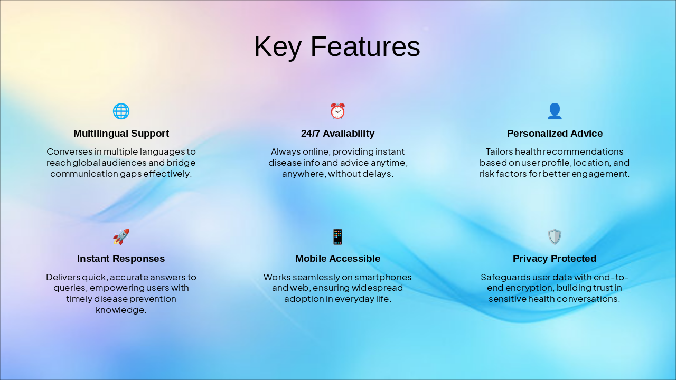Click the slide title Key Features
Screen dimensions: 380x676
coord(337,46)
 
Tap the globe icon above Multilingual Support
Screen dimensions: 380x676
coord(121,111)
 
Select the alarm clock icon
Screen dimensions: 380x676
coord(337,111)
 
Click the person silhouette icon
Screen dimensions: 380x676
coord(555,111)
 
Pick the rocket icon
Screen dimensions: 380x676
coord(121,236)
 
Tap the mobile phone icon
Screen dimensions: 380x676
coord(337,236)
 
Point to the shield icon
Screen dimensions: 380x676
coord(555,236)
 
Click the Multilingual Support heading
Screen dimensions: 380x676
coord(121,134)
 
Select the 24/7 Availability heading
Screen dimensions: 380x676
coord(337,134)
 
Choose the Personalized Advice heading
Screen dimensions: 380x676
coord(555,134)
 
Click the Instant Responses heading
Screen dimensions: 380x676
coord(121,259)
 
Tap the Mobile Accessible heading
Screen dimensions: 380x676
coord(337,259)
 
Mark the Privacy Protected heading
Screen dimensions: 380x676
coord(555,259)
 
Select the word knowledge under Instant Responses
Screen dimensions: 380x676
coord(121,310)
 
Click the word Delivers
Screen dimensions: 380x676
coord(63,277)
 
